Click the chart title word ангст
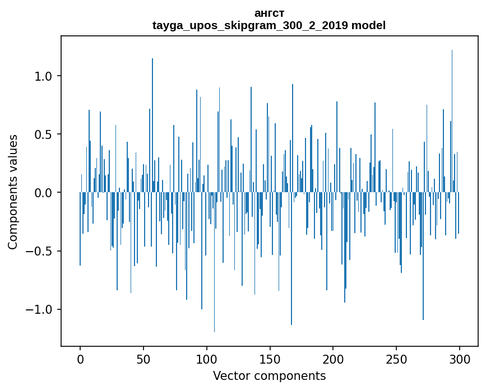269,13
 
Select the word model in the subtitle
368,25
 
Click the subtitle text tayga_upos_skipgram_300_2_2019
251,25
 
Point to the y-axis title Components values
13,192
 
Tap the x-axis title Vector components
269,375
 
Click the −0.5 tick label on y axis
41,251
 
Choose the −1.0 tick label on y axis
41,309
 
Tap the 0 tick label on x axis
80,359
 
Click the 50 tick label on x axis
144,359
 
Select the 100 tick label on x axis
206,359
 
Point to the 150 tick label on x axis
270,359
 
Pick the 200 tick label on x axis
333,359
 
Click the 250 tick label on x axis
396,359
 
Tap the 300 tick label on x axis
459,359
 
